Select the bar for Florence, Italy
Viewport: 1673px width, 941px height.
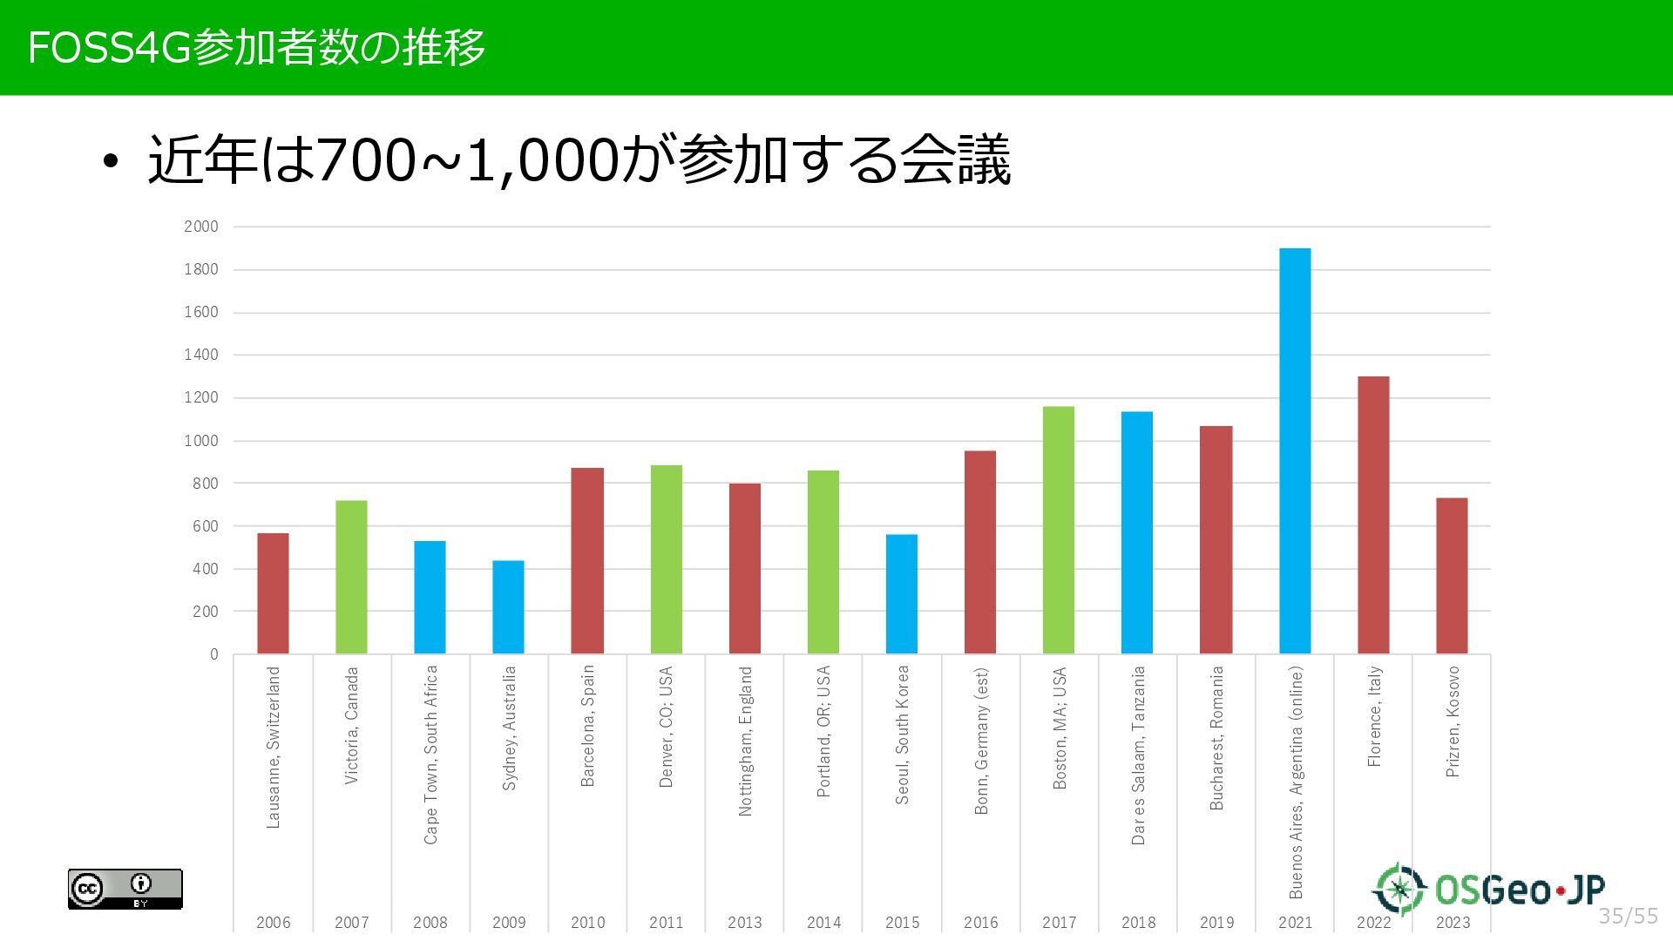[1373, 515]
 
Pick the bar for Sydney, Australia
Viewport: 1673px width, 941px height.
[508, 607]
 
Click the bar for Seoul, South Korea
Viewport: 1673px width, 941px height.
[902, 594]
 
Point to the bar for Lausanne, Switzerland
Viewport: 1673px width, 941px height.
[273, 593]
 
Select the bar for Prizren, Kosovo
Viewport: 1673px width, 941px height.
[1452, 576]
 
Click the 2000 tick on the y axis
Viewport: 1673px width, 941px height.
[201, 227]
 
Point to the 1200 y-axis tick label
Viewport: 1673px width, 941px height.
[201, 398]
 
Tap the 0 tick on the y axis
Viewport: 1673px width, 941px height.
[214, 654]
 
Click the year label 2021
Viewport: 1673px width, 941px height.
[1295, 923]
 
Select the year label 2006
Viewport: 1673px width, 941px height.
[273, 923]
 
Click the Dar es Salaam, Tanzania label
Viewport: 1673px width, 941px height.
[1138, 755]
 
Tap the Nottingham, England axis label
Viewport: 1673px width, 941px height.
[745, 741]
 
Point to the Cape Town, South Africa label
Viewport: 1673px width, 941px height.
[430, 755]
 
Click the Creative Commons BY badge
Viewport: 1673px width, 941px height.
[125, 889]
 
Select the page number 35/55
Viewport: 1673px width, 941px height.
[1628, 916]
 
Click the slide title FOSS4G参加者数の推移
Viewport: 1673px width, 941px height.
[256, 48]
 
